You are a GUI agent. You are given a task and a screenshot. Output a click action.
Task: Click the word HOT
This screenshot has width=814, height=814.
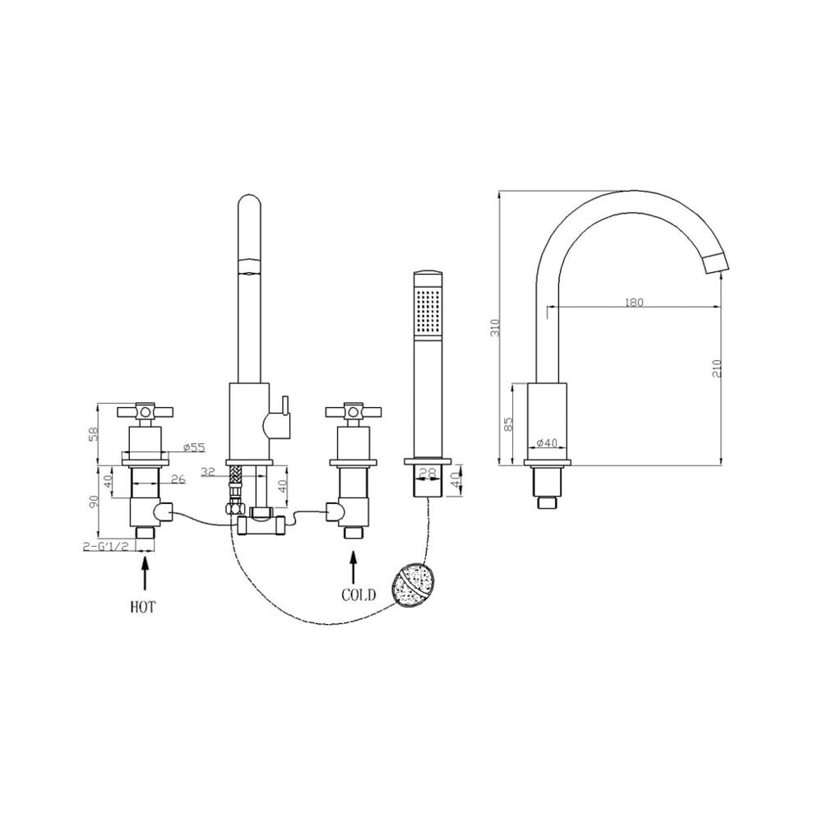[x=142, y=607]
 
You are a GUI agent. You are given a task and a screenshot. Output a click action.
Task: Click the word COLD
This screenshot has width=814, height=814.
[x=358, y=595]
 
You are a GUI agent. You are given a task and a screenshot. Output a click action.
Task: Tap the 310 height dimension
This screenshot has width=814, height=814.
[x=495, y=327]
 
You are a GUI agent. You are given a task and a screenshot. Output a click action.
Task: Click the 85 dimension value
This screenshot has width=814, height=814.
[x=508, y=424]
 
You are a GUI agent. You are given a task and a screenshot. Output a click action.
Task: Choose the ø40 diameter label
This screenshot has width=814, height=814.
[x=546, y=443]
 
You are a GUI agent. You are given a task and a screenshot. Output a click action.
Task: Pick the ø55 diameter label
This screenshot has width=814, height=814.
[x=194, y=447]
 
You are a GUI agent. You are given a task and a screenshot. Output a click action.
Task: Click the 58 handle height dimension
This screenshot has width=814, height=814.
[x=94, y=434]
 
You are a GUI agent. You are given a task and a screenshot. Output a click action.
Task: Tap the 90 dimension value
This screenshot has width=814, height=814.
[x=94, y=502]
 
